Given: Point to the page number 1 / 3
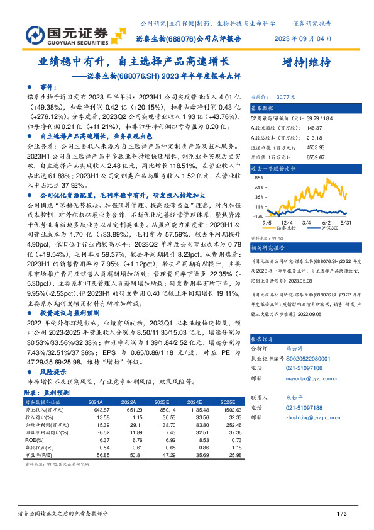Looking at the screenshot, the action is pos(342,514).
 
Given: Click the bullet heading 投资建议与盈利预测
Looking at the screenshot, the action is pos(69,329).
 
